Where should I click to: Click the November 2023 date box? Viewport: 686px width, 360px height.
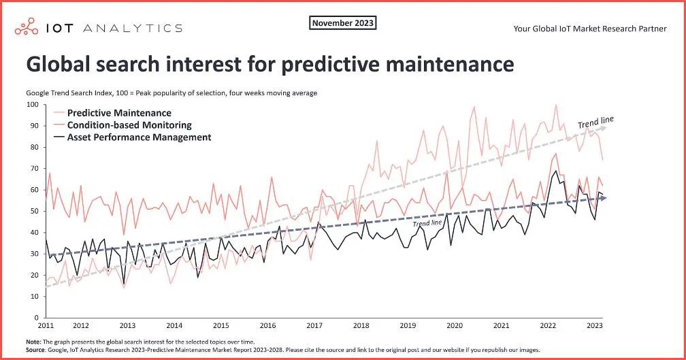[343, 23]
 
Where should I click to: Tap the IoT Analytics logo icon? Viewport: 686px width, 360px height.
[27, 28]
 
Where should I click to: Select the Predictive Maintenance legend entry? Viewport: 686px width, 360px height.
[118, 113]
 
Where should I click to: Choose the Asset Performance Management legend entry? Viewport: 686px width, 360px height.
[138, 137]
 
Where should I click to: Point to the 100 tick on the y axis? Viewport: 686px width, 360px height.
[32, 104]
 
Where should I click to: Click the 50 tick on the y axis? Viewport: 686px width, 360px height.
[34, 211]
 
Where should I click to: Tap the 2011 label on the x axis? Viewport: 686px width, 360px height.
[46, 327]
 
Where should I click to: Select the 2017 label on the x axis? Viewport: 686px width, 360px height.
[314, 327]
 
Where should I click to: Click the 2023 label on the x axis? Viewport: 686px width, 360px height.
[593, 327]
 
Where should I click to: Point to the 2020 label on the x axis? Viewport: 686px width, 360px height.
[455, 327]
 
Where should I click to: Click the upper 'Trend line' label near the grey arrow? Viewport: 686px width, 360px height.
[595, 123]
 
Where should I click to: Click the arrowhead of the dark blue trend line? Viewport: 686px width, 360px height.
[602, 197]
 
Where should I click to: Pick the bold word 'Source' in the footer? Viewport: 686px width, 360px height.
[38, 349]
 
